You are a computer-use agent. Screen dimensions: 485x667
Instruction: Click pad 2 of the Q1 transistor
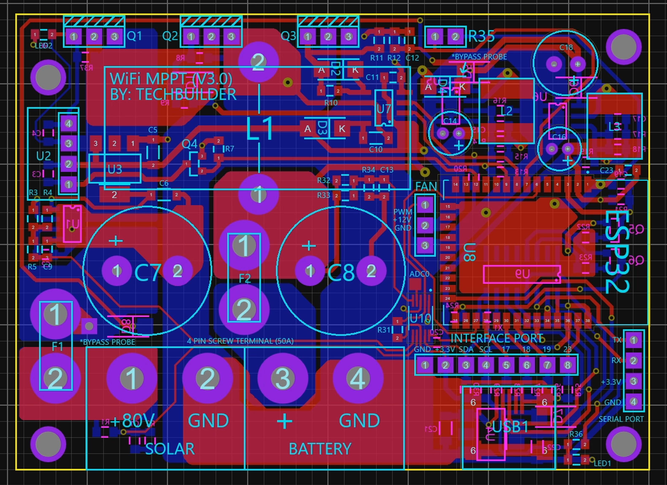[x=94, y=37]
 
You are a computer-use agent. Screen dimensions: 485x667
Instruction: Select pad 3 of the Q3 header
[x=348, y=37]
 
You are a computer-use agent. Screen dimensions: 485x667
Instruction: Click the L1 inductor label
[x=259, y=129]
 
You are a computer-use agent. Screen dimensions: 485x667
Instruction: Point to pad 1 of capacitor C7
[x=117, y=271]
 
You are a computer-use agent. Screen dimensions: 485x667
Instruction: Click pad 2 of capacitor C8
[x=371, y=271]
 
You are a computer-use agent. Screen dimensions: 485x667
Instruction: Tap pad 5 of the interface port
[x=506, y=365]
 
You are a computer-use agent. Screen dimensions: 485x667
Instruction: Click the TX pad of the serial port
[x=633, y=340]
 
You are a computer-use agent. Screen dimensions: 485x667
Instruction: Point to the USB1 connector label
[x=510, y=427]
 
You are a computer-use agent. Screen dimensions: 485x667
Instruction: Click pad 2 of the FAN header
[x=425, y=225]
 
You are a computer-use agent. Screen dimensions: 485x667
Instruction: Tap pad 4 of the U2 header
[x=69, y=124]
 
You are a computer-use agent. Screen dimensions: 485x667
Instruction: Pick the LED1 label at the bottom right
[x=602, y=463]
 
